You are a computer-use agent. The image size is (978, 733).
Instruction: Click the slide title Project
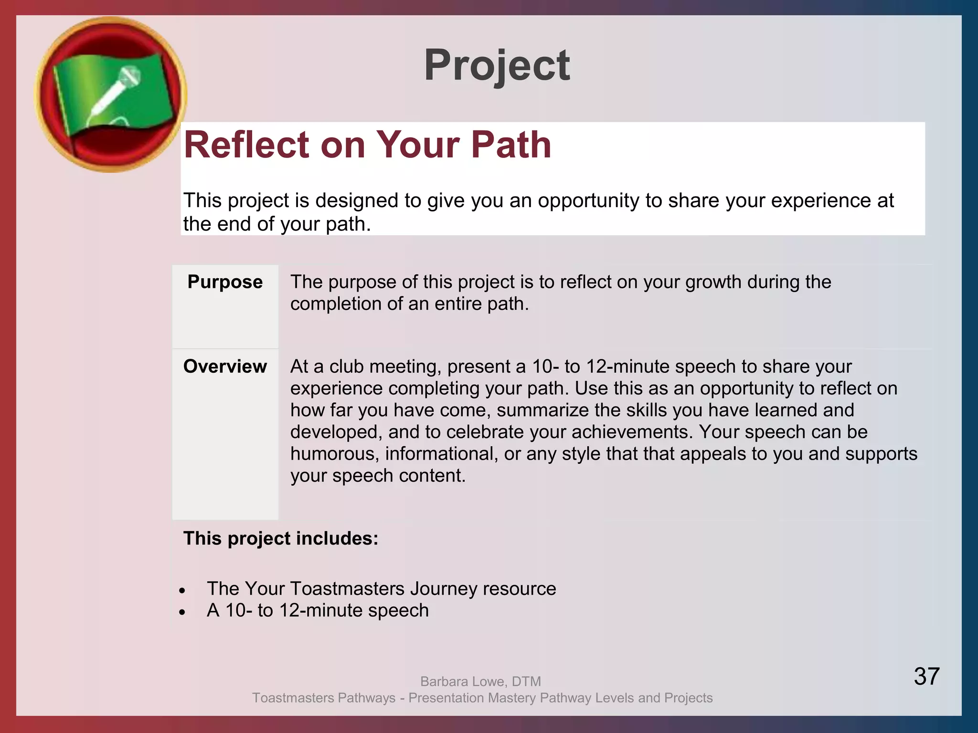(x=497, y=65)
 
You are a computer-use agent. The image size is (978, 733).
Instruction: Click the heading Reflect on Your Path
(x=367, y=145)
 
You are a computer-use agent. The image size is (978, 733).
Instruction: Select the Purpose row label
(x=225, y=282)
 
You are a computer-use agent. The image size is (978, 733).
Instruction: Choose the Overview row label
(x=225, y=366)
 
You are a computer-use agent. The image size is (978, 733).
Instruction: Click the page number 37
(x=926, y=676)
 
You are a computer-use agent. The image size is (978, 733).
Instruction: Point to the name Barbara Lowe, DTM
(x=480, y=681)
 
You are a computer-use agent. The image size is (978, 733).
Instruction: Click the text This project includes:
(x=281, y=538)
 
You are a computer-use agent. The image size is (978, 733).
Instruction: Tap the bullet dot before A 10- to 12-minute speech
(x=182, y=612)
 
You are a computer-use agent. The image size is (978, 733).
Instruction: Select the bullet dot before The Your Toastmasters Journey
(x=182, y=590)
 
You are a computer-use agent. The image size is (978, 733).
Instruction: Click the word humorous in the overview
(x=334, y=454)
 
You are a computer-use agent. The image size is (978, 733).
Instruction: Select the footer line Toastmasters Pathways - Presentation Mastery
(x=482, y=698)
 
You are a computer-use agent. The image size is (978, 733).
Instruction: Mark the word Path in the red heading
(x=511, y=145)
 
